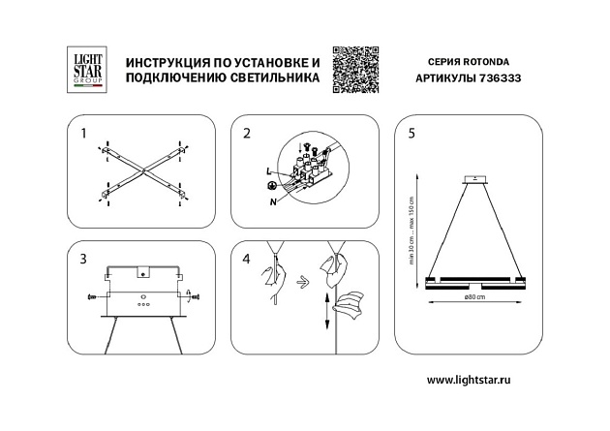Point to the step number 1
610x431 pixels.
click(84, 133)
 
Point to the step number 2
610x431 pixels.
click(247, 133)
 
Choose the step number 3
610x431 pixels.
click(84, 259)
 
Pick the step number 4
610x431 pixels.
click(247, 259)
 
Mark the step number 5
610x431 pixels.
click(412, 133)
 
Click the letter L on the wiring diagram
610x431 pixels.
click(267, 171)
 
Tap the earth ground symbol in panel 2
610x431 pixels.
click(272, 185)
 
